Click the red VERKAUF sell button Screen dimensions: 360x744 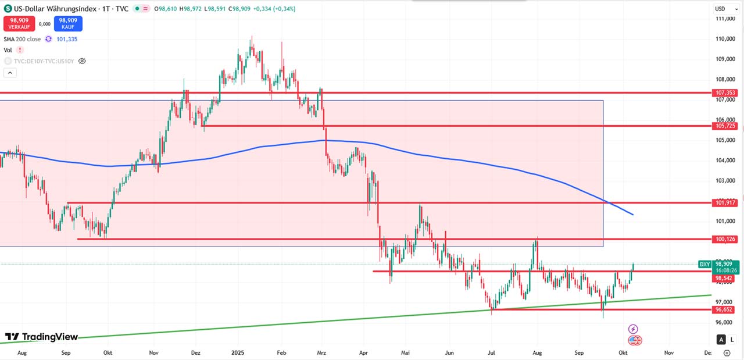click(x=19, y=23)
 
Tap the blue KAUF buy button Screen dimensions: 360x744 click(x=68, y=23)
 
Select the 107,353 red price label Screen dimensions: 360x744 click(x=726, y=92)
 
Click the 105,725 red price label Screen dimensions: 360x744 click(x=726, y=126)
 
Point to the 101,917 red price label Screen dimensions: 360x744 click(x=726, y=202)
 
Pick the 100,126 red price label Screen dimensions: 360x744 click(x=726, y=239)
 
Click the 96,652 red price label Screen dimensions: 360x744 click(x=726, y=310)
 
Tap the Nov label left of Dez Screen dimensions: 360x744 click(x=153, y=352)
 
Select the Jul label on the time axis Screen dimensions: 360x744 click(x=492, y=352)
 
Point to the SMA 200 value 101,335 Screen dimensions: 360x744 click(x=67, y=39)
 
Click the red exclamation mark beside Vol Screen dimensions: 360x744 click(x=20, y=50)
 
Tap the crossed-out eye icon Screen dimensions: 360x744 click(x=82, y=60)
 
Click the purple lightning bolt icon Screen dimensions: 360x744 click(x=634, y=329)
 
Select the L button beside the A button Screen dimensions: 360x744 click(x=733, y=340)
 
